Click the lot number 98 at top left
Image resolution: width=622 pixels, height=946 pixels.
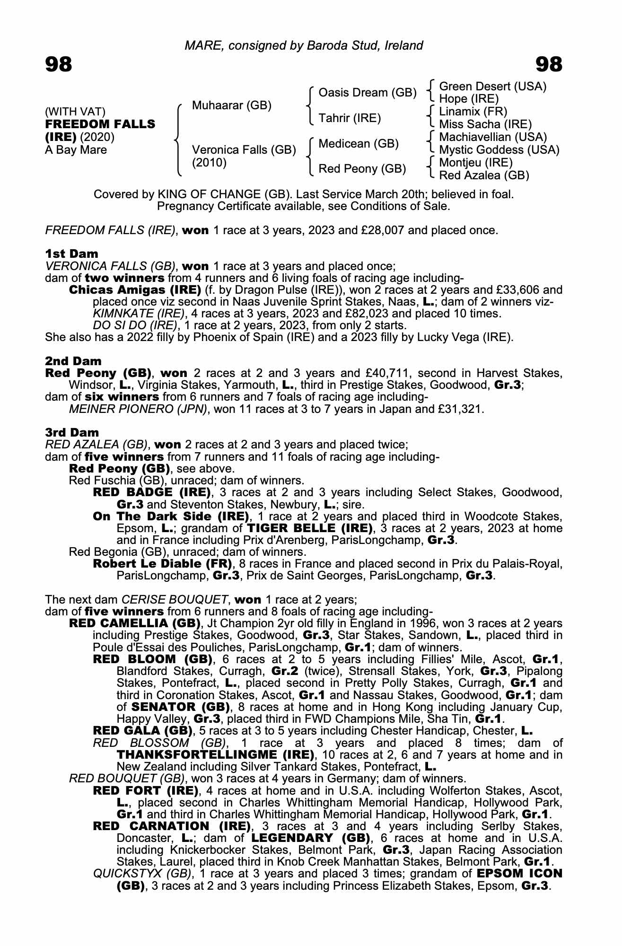59,64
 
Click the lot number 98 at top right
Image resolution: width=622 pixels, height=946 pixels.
549,64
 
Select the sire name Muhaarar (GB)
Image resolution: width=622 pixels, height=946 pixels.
231,105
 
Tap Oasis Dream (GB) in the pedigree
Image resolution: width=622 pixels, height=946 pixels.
368,93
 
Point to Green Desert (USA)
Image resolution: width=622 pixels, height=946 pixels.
492,87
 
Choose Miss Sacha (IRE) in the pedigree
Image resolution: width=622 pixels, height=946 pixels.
485,124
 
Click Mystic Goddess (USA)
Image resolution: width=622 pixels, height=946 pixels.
499,150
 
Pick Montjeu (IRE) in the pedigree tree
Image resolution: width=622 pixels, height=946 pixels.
476,163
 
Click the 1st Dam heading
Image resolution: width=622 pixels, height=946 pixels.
72,254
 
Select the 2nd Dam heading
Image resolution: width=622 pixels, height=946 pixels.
73,361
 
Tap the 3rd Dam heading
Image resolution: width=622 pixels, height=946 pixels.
72,432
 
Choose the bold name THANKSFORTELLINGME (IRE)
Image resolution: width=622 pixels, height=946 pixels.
215,754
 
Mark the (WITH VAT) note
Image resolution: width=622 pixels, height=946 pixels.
75,112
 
